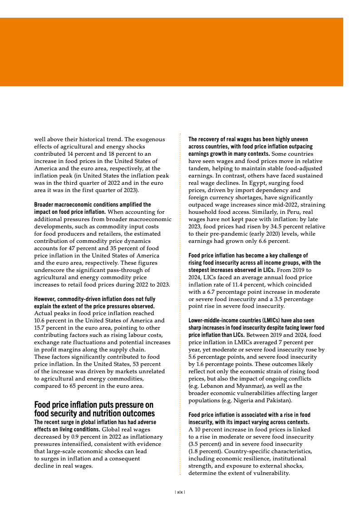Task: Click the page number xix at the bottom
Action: [180, 492]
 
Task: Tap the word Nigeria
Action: [243, 400]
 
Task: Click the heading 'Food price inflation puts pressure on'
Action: [94, 405]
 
